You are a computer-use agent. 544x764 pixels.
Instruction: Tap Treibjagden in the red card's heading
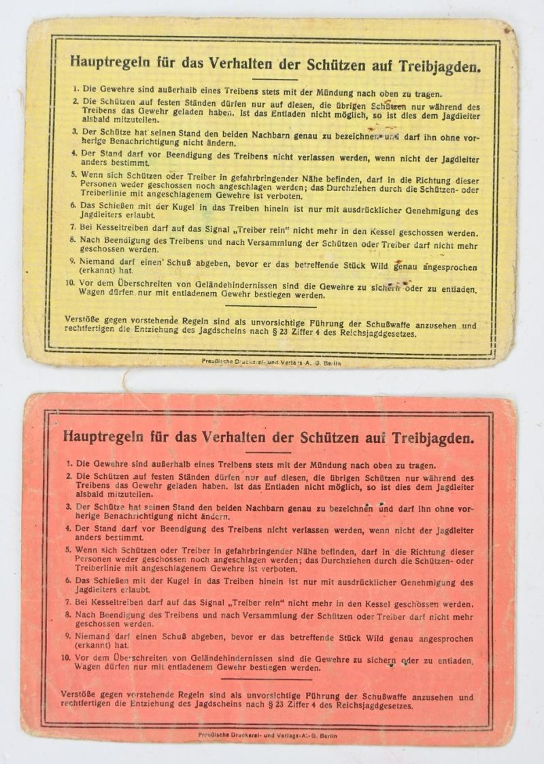(x=437, y=438)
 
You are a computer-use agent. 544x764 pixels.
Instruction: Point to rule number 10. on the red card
(x=65, y=657)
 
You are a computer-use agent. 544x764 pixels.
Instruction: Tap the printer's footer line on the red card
(x=267, y=735)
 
